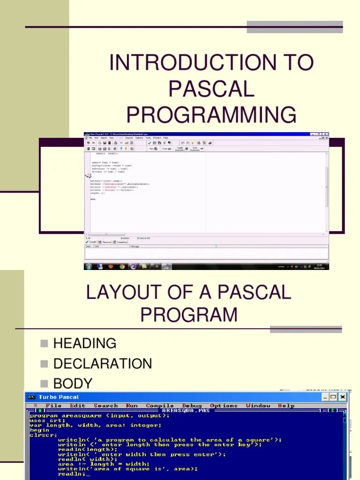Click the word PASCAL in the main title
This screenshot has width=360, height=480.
(211, 89)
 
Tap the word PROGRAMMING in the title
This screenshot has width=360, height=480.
(211, 115)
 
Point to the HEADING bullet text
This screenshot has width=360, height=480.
(85, 343)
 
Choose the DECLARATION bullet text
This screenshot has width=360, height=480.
(103, 363)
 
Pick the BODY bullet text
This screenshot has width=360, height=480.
(73, 383)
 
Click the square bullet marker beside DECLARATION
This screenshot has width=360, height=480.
(45, 364)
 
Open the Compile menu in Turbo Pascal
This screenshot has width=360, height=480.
(160, 405)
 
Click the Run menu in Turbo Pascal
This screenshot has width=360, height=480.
(132, 405)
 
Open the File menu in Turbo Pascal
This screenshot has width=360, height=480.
(53, 405)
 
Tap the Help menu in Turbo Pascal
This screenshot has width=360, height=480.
(286, 405)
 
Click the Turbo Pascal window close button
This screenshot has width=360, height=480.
(342, 397)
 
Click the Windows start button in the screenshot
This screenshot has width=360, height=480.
(88, 266)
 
